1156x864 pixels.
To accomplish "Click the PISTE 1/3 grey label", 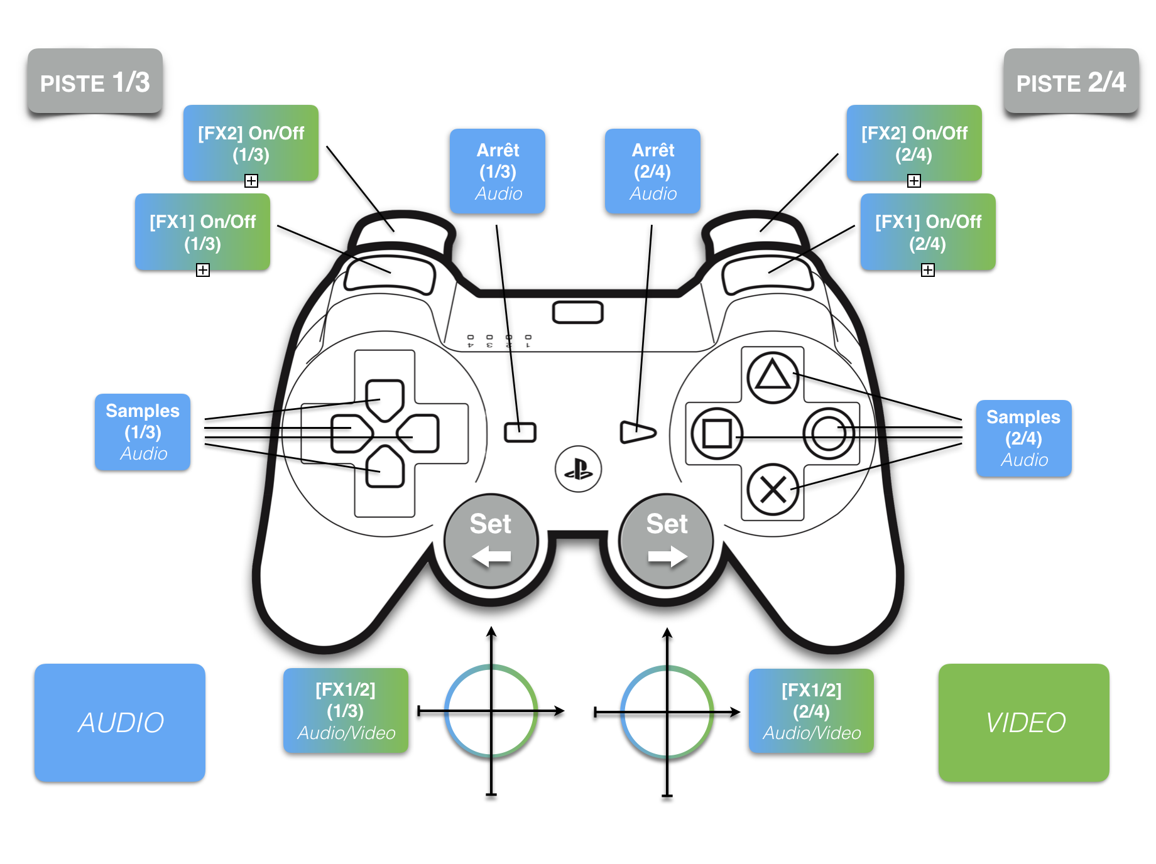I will (x=95, y=82).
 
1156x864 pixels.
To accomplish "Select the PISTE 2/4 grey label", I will (x=1071, y=82).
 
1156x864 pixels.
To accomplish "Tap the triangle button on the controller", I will (x=772, y=377).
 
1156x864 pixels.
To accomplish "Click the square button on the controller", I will (x=716, y=433).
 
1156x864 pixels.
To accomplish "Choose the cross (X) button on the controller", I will (x=773, y=490).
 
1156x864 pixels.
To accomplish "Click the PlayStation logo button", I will (x=578, y=469).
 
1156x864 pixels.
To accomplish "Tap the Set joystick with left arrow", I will (x=491, y=540).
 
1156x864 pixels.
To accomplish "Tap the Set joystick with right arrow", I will (x=667, y=540).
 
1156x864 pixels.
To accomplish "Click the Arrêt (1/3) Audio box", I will (x=498, y=171).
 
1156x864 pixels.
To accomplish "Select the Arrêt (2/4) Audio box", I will (x=653, y=171).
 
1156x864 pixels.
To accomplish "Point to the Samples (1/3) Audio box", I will (x=143, y=432).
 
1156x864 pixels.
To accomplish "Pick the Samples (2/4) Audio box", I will (x=1023, y=438).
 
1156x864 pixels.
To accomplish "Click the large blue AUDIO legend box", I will (x=120, y=722).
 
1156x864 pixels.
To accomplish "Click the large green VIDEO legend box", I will (x=1024, y=722).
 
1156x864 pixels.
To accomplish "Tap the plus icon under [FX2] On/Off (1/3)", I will (x=251, y=181).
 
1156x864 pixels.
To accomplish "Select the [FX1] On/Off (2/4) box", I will (x=928, y=232).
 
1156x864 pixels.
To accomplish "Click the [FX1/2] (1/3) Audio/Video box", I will (x=346, y=711).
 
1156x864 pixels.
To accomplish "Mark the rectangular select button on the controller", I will (x=520, y=432).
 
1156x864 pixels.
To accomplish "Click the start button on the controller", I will (x=637, y=432).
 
